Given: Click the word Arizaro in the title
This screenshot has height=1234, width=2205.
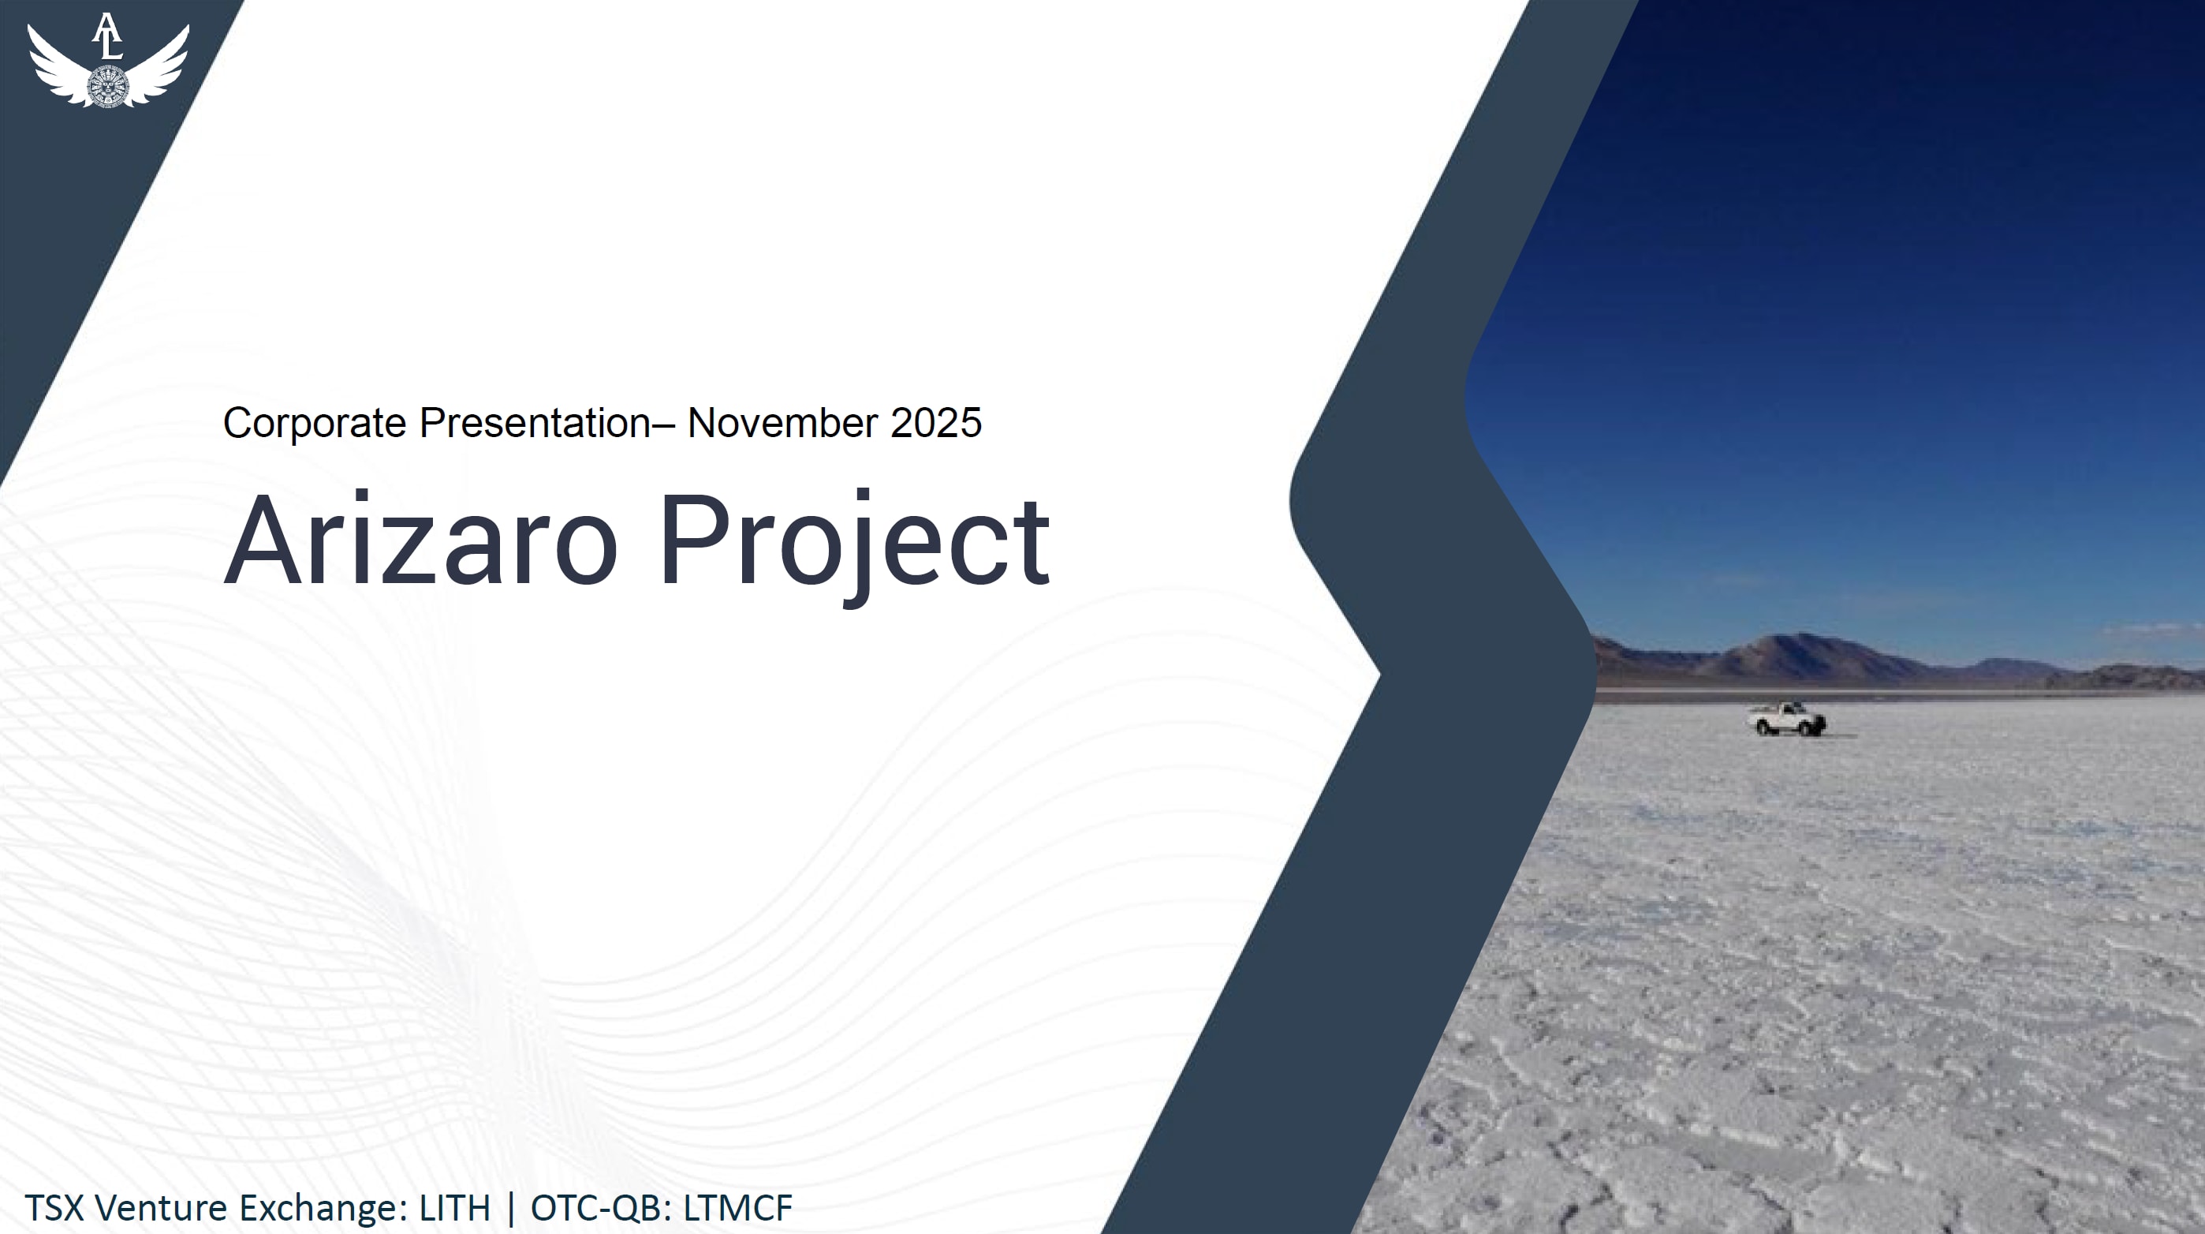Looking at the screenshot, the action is [x=420, y=540].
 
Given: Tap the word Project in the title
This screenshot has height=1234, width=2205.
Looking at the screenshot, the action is [x=854, y=546].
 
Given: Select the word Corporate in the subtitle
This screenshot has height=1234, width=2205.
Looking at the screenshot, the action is [x=314, y=423].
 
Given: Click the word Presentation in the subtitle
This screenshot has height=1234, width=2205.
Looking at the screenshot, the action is [x=535, y=423].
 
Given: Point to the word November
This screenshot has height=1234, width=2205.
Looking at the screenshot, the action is [x=782, y=423].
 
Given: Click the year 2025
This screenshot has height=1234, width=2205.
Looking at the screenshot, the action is [x=935, y=423].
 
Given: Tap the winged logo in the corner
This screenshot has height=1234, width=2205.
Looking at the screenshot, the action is [x=108, y=60].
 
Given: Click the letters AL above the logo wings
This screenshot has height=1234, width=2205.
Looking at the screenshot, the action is [x=107, y=36].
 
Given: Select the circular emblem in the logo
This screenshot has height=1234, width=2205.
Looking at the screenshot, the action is [x=108, y=87].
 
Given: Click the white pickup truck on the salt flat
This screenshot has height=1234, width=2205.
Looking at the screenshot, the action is [x=1786, y=719].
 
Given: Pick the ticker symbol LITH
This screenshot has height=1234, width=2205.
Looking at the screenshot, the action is [x=454, y=1207].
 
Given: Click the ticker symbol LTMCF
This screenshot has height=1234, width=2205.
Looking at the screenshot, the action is [x=738, y=1207].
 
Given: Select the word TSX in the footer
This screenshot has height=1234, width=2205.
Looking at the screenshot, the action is [x=54, y=1207].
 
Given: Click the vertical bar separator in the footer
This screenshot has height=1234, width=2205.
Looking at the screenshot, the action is [x=511, y=1208].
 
